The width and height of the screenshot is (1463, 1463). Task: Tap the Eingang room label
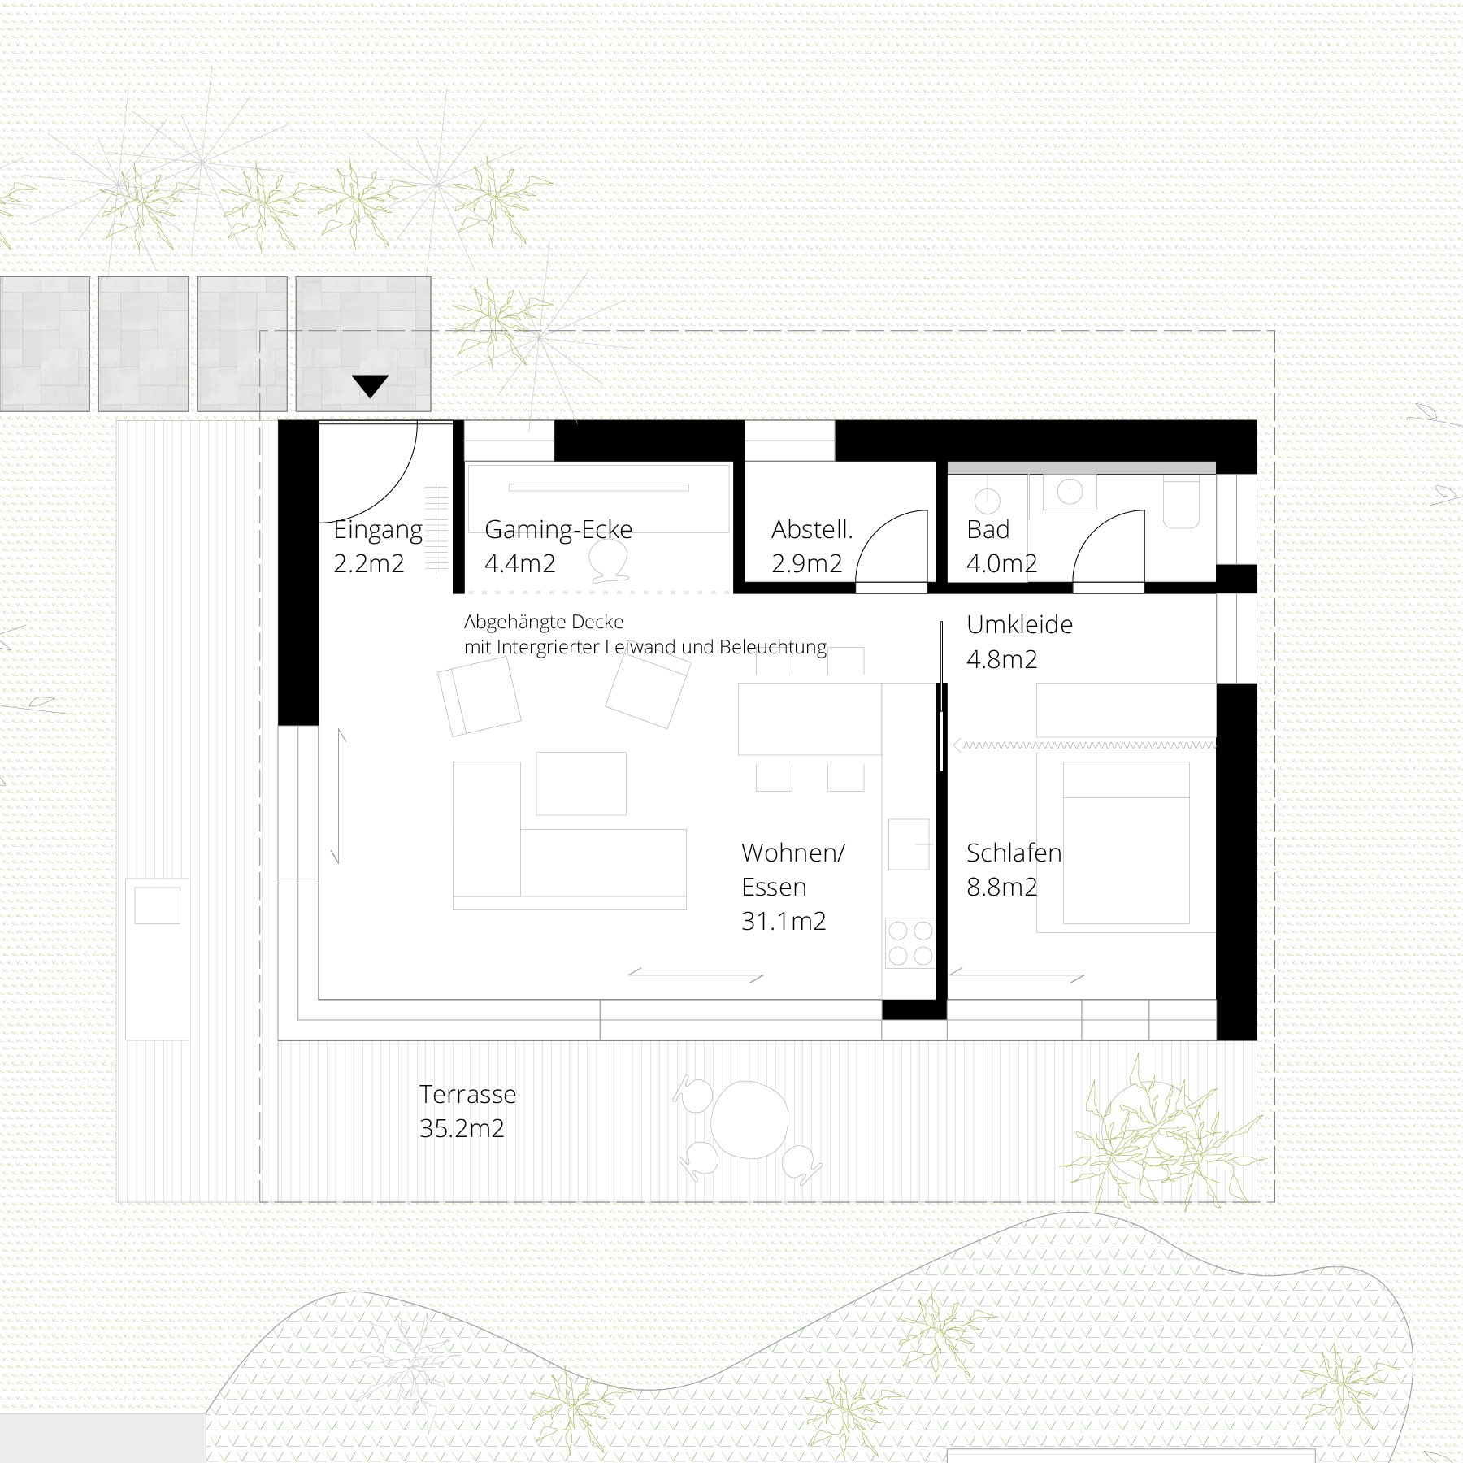378,531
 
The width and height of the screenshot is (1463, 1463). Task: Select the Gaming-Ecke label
558,530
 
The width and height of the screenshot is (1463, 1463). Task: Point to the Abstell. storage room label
812,530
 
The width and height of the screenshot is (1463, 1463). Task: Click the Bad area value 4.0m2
1001,564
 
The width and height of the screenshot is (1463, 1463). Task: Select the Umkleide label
1019,625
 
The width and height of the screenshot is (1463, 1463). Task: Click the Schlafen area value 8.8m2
1001,887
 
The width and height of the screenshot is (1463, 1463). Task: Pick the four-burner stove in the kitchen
909,942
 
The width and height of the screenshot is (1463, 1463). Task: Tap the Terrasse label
467,1095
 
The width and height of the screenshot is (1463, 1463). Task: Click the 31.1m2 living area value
784,921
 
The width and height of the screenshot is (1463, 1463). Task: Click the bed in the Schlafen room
1127,847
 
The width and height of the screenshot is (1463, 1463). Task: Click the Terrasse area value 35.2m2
462,1129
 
